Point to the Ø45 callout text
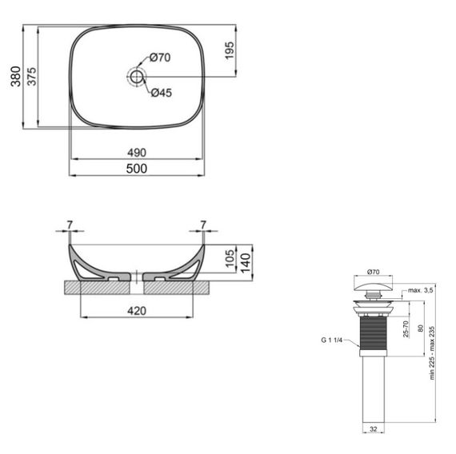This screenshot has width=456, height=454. [162, 92]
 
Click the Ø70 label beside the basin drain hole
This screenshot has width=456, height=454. [161, 58]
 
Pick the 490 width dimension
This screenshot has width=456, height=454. [136, 152]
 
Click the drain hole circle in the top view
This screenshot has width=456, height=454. [136, 76]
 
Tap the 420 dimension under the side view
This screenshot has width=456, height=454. [137, 311]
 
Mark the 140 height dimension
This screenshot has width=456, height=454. [246, 257]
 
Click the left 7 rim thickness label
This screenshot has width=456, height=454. [70, 225]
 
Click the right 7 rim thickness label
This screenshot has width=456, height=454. [203, 225]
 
